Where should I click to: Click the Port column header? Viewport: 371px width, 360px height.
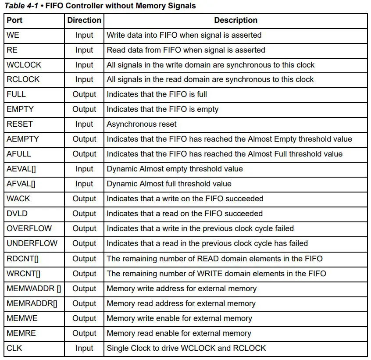coord(14,20)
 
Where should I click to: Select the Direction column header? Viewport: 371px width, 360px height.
coord(84,20)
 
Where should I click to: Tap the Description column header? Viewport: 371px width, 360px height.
coord(235,20)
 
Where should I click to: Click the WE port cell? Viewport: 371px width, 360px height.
coord(13,35)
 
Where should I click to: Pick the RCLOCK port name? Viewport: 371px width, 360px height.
coord(23,79)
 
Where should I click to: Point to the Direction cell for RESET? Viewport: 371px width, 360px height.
coord(84,124)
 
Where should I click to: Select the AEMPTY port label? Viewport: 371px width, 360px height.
coord(23,139)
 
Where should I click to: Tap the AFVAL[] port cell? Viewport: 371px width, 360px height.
coord(21,184)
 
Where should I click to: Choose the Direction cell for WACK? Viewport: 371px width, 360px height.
coord(84,199)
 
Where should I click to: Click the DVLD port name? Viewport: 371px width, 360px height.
coord(17,214)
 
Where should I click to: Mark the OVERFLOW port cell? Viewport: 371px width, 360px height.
coord(29,228)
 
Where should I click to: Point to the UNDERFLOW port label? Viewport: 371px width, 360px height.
coord(32,243)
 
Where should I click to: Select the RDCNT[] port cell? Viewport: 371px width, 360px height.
coord(23,259)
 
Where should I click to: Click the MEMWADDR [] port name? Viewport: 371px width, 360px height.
coord(34,289)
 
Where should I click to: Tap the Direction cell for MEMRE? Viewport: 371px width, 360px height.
coord(84,333)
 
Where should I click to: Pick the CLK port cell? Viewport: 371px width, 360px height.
coord(14,348)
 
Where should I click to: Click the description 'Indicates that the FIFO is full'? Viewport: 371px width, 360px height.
coord(157,94)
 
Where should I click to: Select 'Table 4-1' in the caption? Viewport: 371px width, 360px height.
coord(21,6)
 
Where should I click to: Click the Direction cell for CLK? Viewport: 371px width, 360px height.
coord(84,348)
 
